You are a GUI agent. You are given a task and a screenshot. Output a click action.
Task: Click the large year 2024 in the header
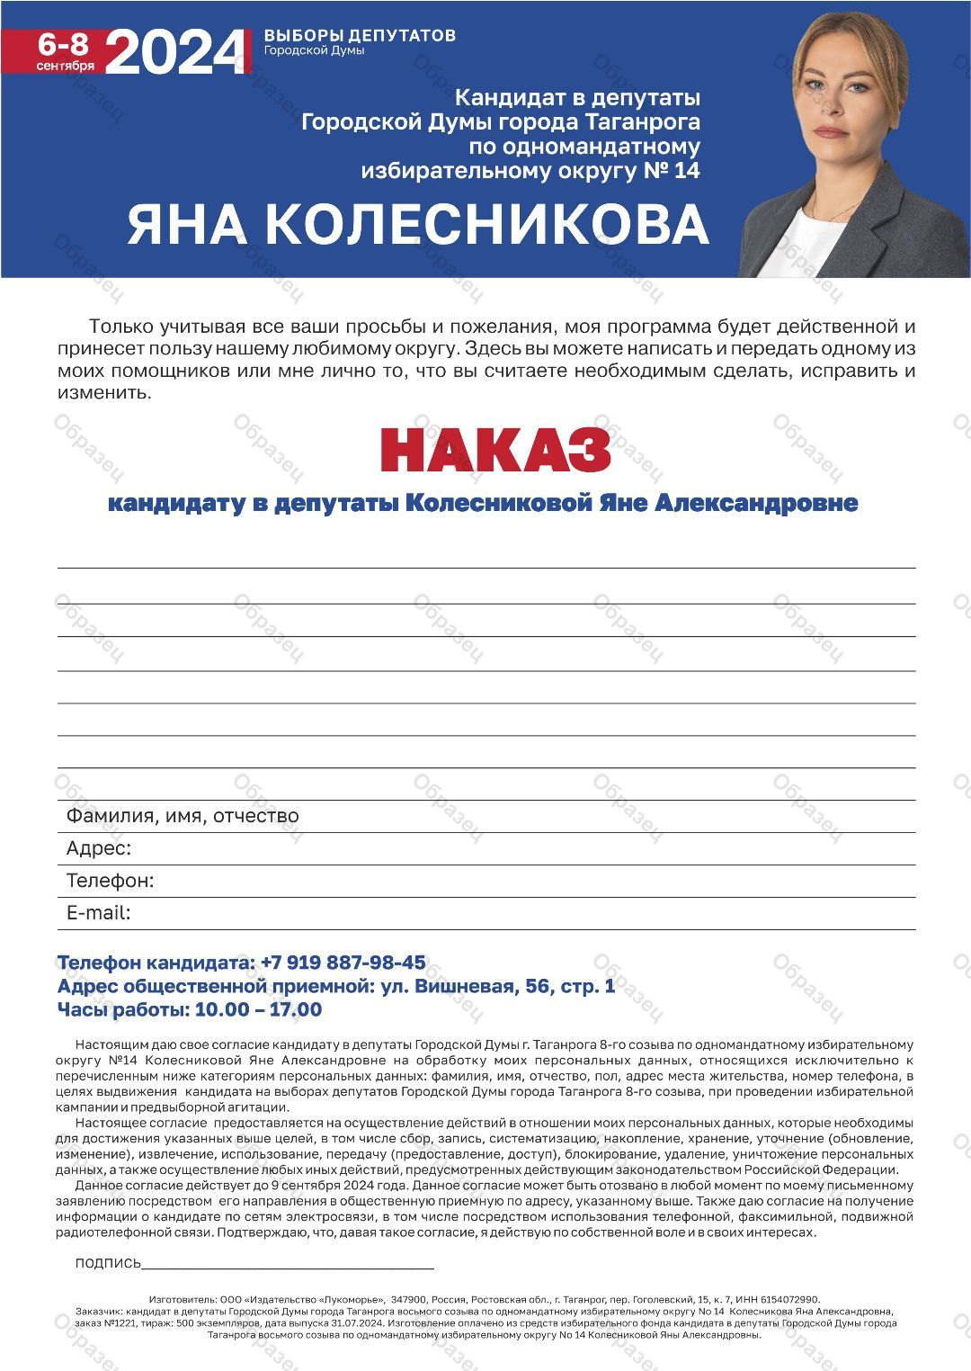pos(175,52)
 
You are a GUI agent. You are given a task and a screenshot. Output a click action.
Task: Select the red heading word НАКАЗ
pos(495,450)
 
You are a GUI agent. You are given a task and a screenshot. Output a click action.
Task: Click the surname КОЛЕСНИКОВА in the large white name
pos(486,224)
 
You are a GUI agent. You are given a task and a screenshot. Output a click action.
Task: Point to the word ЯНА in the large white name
pos(187,224)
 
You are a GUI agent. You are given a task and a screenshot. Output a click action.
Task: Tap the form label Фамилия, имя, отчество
pos(183,816)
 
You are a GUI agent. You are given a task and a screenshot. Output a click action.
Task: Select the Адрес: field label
pos(99,848)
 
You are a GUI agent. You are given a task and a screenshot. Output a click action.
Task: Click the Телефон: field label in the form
pos(110,881)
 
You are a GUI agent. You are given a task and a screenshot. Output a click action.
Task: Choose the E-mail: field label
pos(99,913)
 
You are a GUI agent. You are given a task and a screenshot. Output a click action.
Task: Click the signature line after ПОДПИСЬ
pos(288,1263)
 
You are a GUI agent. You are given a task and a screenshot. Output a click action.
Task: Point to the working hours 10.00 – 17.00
pos(258,1009)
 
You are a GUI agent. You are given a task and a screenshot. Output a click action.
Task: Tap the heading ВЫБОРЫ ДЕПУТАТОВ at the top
pos(360,35)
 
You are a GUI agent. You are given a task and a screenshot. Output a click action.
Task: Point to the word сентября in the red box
pos(65,66)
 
